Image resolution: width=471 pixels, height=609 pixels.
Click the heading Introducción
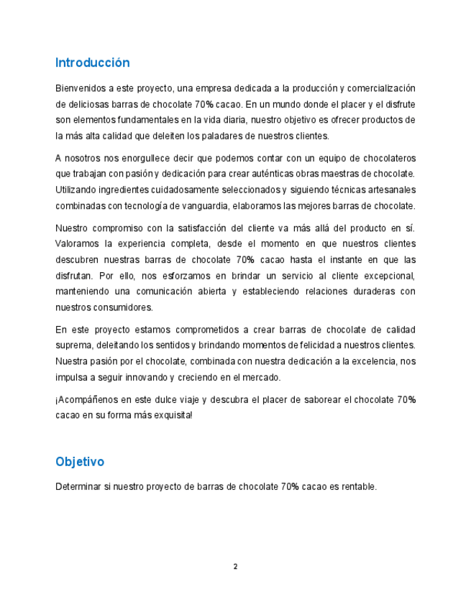[92, 63]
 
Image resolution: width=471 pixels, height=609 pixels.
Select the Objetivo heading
[80, 461]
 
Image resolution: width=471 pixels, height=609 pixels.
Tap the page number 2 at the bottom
[235, 567]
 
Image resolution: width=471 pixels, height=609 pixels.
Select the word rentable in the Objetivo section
[357, 487]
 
